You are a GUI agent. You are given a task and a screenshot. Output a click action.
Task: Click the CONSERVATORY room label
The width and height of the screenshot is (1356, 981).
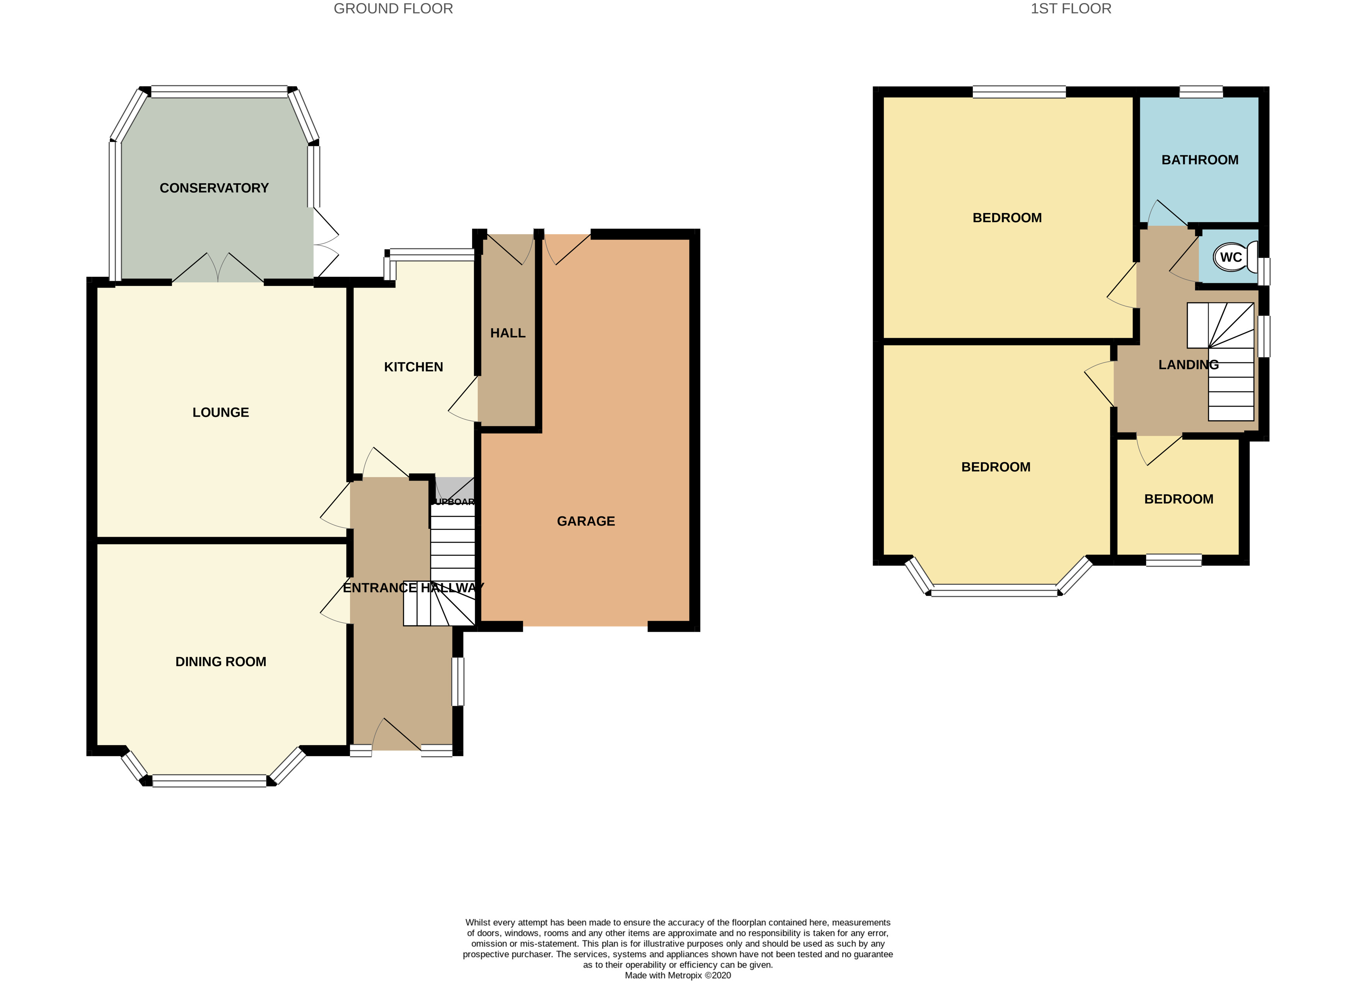[x=214, y=188]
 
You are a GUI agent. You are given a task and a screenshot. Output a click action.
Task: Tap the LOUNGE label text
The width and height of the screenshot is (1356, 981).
[x=221, y=412]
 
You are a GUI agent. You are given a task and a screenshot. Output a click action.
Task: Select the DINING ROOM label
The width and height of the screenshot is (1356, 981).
[x=221, y=662]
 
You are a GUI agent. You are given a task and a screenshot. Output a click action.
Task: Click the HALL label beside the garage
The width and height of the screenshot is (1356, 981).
[x=508, y=333]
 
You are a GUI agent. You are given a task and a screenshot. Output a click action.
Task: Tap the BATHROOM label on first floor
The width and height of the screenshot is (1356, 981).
[x=1199, y=160]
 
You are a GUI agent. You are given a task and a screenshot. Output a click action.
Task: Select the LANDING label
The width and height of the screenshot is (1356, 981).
[x=1188, y=364]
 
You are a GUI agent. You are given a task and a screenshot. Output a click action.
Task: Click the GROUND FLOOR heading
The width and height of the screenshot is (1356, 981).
[x=393, y=9]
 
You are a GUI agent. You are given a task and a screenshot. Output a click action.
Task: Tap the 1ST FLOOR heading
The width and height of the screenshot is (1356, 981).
[x=1070, y=9]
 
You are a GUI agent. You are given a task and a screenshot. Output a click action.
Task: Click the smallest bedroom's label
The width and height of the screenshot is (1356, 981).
[x=1179, y=499]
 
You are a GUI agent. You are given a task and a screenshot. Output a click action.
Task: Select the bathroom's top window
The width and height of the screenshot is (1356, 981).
[x=1201, y=92]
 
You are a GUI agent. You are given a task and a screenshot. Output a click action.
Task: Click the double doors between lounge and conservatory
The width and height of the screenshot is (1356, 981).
[x=218, y=269]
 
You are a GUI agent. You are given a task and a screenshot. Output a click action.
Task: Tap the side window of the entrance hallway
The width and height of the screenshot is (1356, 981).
[x=457, y=681]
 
